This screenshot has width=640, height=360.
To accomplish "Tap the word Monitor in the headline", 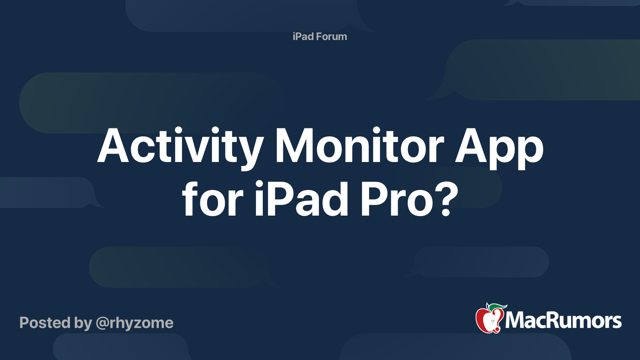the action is [x=360, y=145].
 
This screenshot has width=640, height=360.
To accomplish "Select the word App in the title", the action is [x=499, y=148].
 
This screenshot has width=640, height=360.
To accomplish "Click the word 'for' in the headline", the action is [x=212, y=198].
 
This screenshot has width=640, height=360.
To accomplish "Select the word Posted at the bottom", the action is [x=45, y=323].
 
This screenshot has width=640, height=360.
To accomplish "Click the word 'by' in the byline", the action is [x=83, y=324].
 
